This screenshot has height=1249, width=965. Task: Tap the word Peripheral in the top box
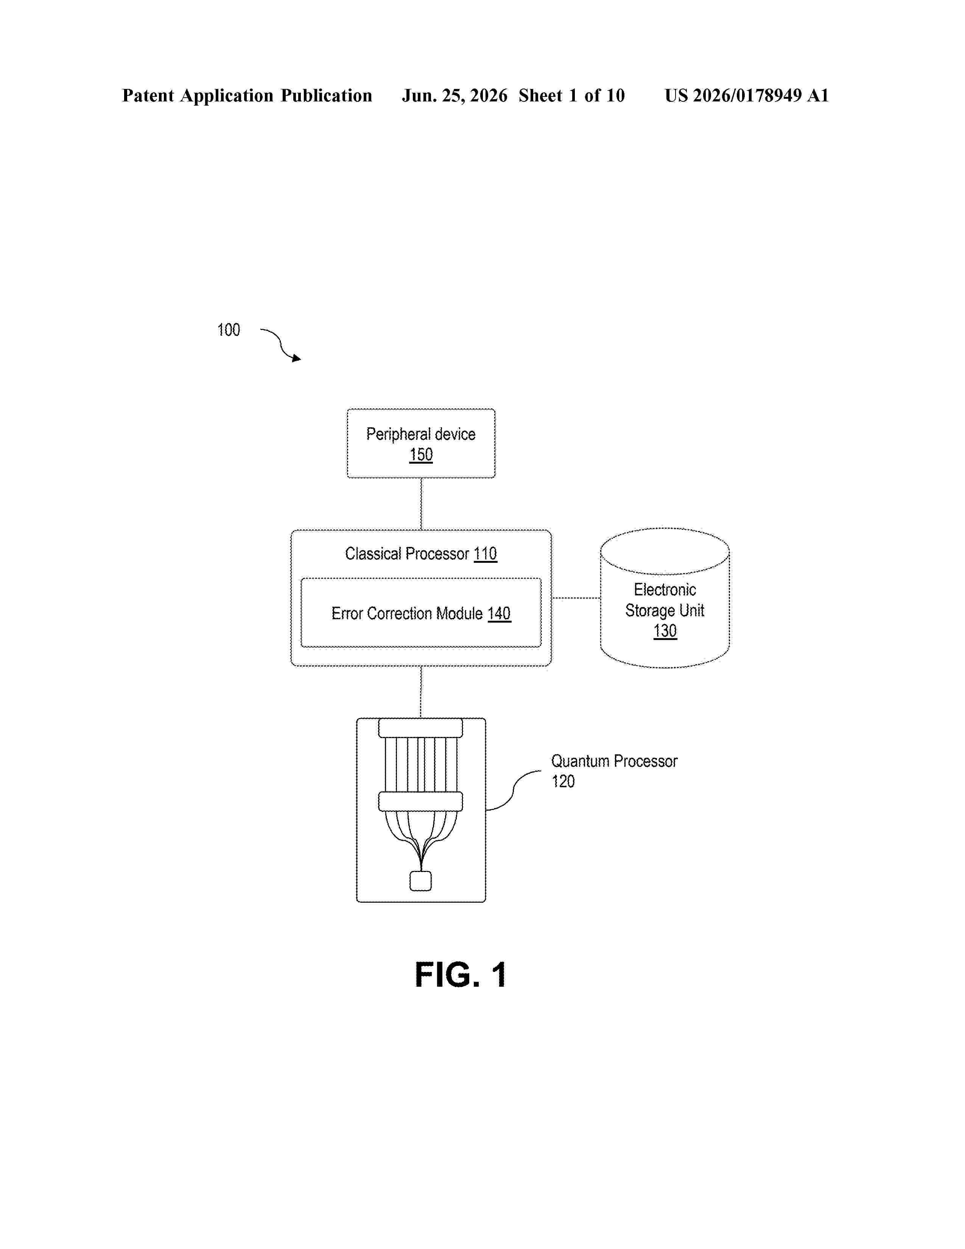tap(398, 434)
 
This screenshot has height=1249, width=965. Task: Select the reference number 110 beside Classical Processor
tap(486, 554)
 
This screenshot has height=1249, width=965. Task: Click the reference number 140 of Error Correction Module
tap(499, 614)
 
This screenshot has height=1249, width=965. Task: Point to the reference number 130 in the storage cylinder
tap(665, 631)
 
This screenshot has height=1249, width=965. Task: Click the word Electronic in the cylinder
tap(665, 590)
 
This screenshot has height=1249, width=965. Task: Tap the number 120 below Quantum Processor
tap(563, 781)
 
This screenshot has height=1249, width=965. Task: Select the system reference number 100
tap(229, 330)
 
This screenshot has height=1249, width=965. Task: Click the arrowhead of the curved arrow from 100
tap(297, 358)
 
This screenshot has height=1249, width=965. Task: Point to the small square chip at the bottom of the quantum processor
tap(421, 881)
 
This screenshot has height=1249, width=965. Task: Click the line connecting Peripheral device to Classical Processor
tap(421, 504)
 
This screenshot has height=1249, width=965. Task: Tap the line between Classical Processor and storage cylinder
tap(576, 598)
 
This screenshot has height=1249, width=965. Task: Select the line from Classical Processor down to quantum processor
tap(421, 692)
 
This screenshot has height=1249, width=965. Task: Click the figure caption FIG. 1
tap(461, 975)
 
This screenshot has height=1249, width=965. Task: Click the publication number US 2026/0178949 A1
tap(747, 95)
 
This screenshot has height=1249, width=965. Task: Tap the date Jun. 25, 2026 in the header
tap(454, 95)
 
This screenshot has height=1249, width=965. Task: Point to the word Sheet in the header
tap(540, 95)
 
